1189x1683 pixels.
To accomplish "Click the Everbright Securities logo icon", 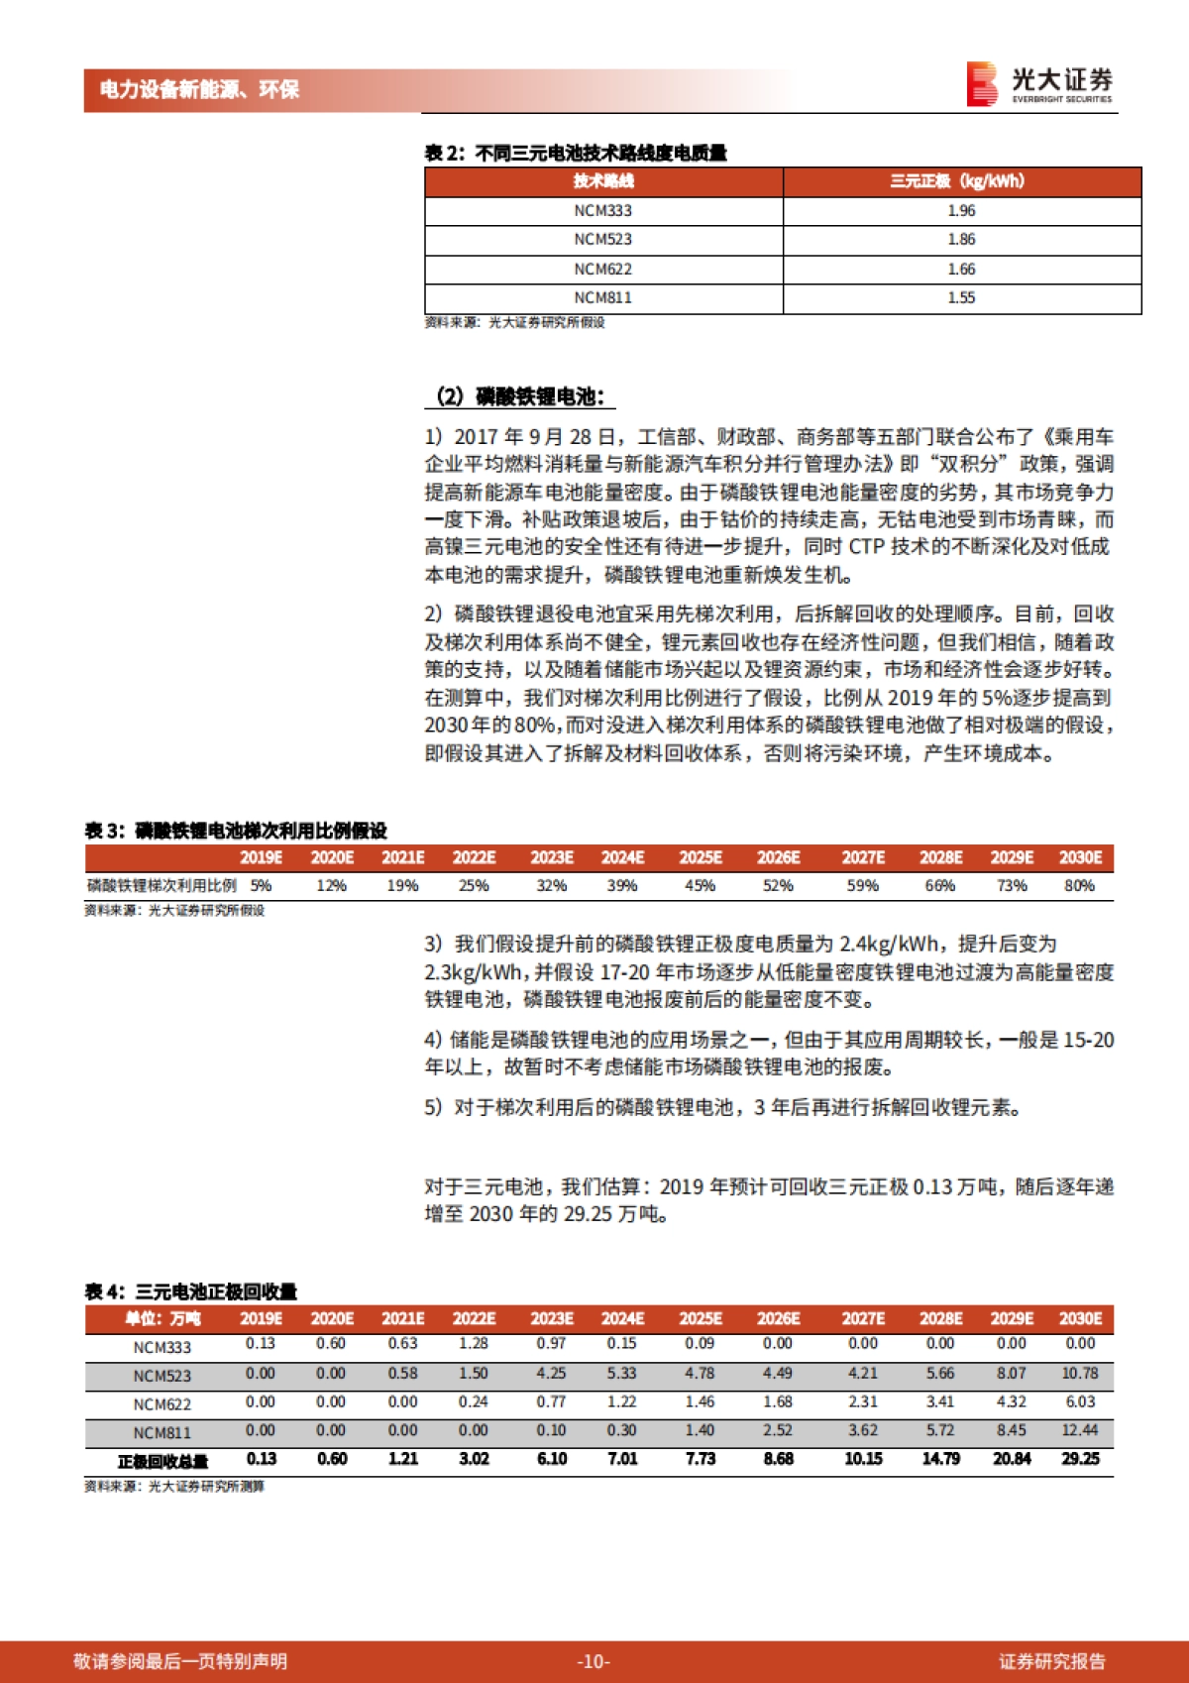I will click(981, 83).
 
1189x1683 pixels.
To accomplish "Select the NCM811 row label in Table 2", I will click(602, 297).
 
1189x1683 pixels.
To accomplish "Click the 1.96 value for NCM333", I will click(961, 210).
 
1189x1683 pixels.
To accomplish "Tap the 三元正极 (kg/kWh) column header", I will click(961, 180).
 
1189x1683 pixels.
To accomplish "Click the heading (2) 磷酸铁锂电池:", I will click(519, 396).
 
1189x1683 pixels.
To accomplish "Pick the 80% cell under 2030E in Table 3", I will click(1079, 885).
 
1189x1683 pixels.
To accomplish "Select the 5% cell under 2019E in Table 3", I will click(261, 885).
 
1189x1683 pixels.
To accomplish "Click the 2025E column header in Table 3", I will click(701, 857).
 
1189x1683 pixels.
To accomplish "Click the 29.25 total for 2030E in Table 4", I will click(1080, 1459).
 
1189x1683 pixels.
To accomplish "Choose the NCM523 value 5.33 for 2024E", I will click(622, 1374).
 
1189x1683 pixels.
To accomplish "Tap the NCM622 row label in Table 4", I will click(162, 1403).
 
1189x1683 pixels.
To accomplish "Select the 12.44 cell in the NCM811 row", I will click(1080, 1430).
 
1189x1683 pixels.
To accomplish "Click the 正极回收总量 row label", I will click(162, 1461).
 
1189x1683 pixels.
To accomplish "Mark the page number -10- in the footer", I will click(593, 1661).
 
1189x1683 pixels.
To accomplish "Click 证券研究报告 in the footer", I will click(1051, 1661).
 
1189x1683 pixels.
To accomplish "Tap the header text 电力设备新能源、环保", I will click(199, 89).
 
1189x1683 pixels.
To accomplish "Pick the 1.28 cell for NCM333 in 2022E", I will click(474, 1343).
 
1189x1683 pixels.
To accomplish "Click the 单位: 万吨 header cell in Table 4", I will click(162, 1318).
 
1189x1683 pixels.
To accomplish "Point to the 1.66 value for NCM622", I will click(961, 269).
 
